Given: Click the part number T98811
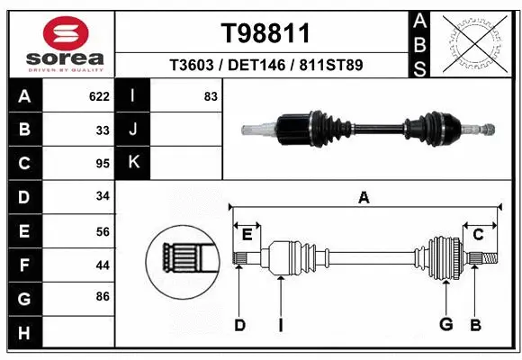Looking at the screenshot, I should pos(265,33).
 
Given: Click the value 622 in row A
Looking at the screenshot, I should pos(99,96).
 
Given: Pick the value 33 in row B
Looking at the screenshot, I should pos(103,130).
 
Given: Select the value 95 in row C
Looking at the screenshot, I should pos(103,163).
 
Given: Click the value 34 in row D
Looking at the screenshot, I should pos(103,195).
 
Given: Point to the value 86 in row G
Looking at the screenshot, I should pos(103,295).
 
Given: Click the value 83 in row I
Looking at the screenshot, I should pos(211,96).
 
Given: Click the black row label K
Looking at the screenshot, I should pos(132,163).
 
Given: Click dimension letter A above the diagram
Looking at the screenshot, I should pos(364,198).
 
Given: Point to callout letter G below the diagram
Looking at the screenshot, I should pos(445,325).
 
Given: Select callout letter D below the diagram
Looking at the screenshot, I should pos(239,325).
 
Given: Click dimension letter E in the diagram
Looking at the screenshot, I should pos(247,235).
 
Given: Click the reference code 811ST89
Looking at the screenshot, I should pos(331,65).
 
